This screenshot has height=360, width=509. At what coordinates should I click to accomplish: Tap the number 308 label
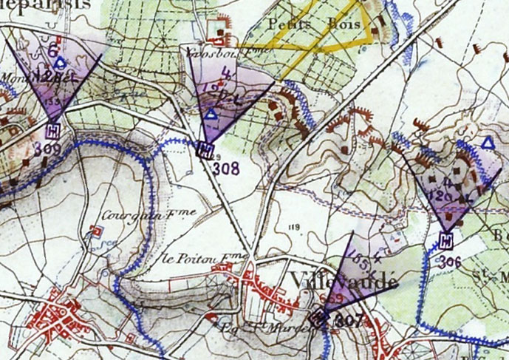click(x=226, y=169)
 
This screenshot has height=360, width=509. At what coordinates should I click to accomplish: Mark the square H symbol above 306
click(x=446, y=240)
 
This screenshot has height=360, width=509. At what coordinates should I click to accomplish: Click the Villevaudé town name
click(x=345, y=282)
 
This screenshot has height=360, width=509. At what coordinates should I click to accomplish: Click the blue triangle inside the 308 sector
click(x=211, y=115)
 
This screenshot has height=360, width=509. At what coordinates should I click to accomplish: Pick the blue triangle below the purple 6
click(x=60, y=64)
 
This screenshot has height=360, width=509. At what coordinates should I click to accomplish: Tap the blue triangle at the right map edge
click(x=487, y=142)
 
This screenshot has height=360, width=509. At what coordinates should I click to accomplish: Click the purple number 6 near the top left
click(x=52, y=50)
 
